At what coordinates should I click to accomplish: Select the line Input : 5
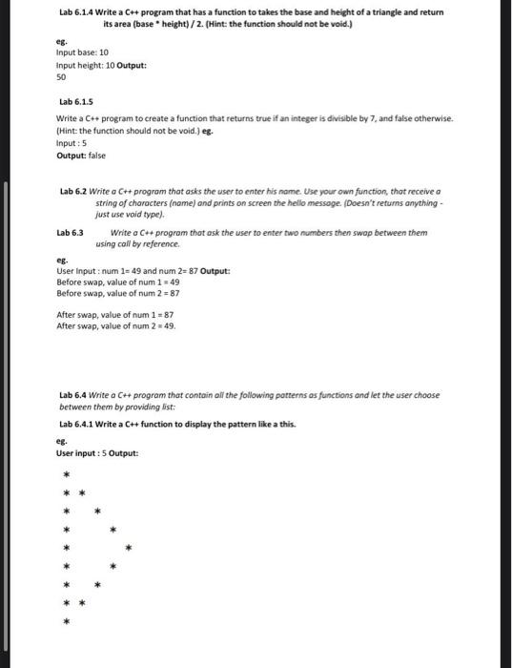(72, 139)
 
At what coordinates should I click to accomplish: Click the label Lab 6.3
(71, 232)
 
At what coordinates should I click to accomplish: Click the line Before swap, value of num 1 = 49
(118, 282)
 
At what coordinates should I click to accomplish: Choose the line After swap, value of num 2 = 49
(116, 325)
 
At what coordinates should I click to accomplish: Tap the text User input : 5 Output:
(98, 452)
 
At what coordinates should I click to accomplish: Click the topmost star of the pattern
(66, 475)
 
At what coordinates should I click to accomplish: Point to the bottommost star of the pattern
(66, 622)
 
